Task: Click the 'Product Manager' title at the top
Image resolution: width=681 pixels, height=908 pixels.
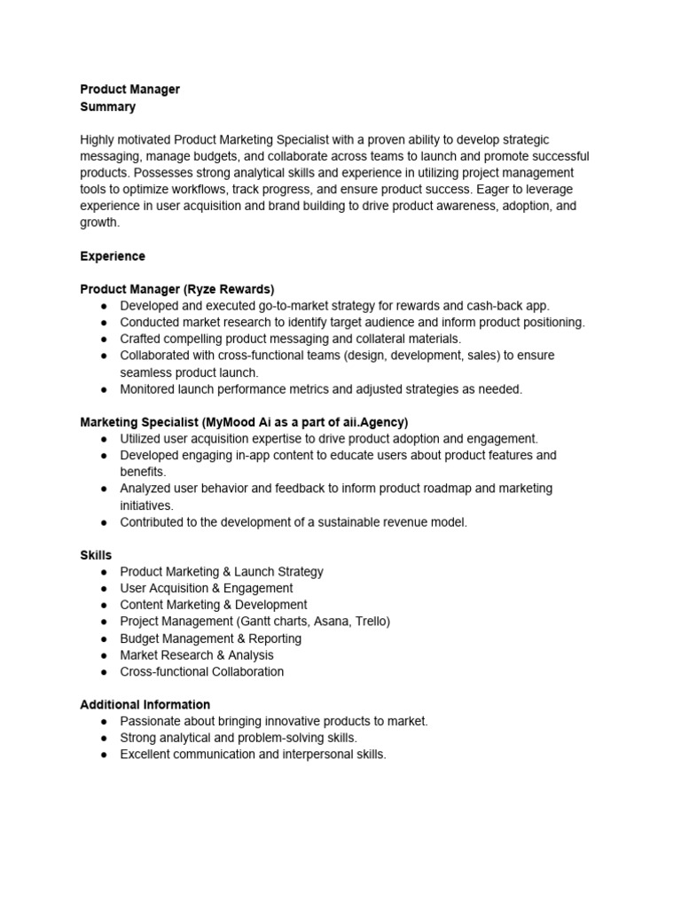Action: tap(129, 90)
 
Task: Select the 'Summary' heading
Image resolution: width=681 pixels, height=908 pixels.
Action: tap(108, 106)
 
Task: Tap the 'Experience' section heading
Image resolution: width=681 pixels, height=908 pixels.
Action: tap(113, 256)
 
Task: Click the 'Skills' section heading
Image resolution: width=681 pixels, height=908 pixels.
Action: tap(96, 555)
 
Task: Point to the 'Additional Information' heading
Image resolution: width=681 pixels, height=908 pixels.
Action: tap(145, 705)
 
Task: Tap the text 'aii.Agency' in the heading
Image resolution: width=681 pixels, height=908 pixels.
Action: tap(372, 422)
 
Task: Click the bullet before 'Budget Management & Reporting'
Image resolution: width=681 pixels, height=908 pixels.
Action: tap(105, 638)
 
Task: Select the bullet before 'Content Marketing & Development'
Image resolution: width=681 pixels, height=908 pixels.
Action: tap(105, 605)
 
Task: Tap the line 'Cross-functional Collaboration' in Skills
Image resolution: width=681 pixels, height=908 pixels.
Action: tap(202, 671)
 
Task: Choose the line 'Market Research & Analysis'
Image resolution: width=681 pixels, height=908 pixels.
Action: tap(197, 655)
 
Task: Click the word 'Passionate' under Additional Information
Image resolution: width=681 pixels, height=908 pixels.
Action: tap(150, 722)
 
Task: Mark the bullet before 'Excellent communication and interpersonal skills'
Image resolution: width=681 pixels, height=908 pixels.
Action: tap(105, 755)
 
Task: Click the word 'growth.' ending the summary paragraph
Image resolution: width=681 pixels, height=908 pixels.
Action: tap(99, 223)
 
